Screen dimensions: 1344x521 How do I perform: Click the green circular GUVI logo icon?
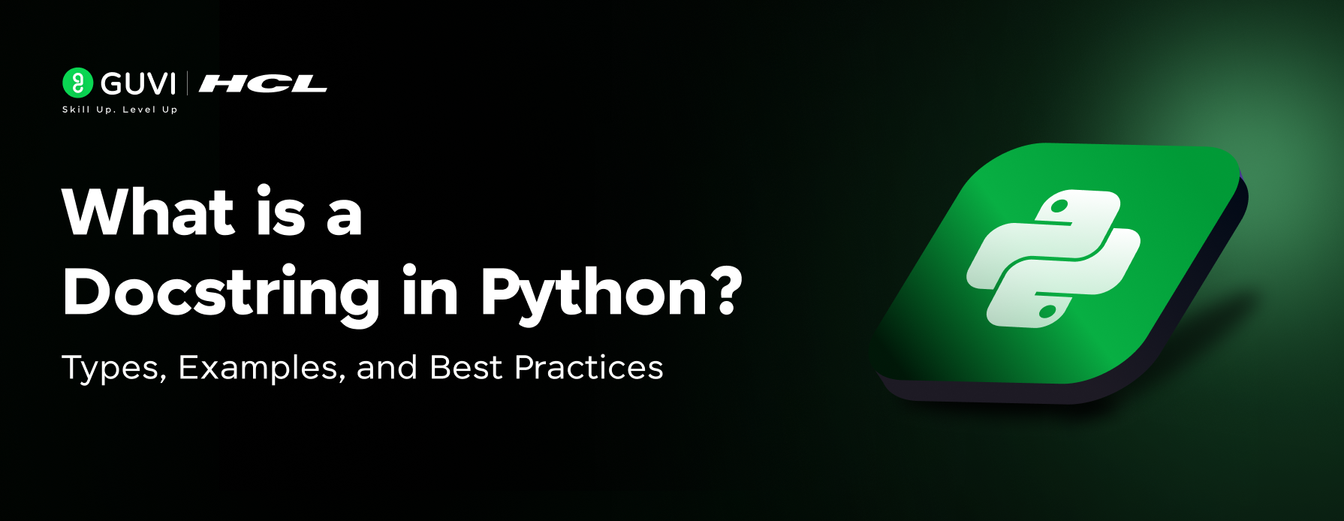click(77, 83)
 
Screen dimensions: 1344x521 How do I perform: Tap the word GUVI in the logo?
click(138, 84)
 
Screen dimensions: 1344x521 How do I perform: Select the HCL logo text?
click(263, 83)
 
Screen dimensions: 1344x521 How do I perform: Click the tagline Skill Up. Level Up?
click(120, 110)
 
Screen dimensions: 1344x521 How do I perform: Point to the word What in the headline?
click(149, 212)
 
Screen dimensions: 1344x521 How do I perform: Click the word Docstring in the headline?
click(221, 294)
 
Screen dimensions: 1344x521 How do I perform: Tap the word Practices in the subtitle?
click(589, 367)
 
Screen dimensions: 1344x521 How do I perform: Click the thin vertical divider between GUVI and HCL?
click(187, 83)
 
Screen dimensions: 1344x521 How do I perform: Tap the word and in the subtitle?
click(387, 367)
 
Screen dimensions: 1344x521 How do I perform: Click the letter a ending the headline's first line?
click(345, 218)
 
